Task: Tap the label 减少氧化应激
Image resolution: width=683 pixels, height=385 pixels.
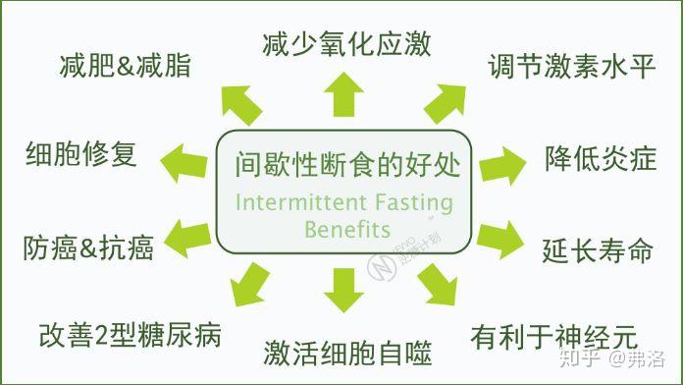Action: click(346, 43)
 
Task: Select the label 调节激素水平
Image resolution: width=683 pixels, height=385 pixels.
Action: click(570, 68)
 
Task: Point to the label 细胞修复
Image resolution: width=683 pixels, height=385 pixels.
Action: click(80, 154)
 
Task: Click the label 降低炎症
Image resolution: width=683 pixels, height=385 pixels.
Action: click(601, 158)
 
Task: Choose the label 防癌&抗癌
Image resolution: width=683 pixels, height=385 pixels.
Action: click(88, 247)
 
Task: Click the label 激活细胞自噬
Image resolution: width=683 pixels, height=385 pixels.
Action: click(347, 352)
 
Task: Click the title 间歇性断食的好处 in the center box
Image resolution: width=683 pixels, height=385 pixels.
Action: click(347, 162)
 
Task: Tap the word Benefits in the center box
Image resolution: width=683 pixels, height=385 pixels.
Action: click(347, 231)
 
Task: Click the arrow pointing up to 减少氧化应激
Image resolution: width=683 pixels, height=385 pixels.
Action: click(342, 95)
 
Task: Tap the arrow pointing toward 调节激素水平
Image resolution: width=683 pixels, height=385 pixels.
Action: click(444, 101)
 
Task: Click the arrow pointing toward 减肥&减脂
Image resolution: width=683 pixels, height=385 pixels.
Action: click(240, 102)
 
